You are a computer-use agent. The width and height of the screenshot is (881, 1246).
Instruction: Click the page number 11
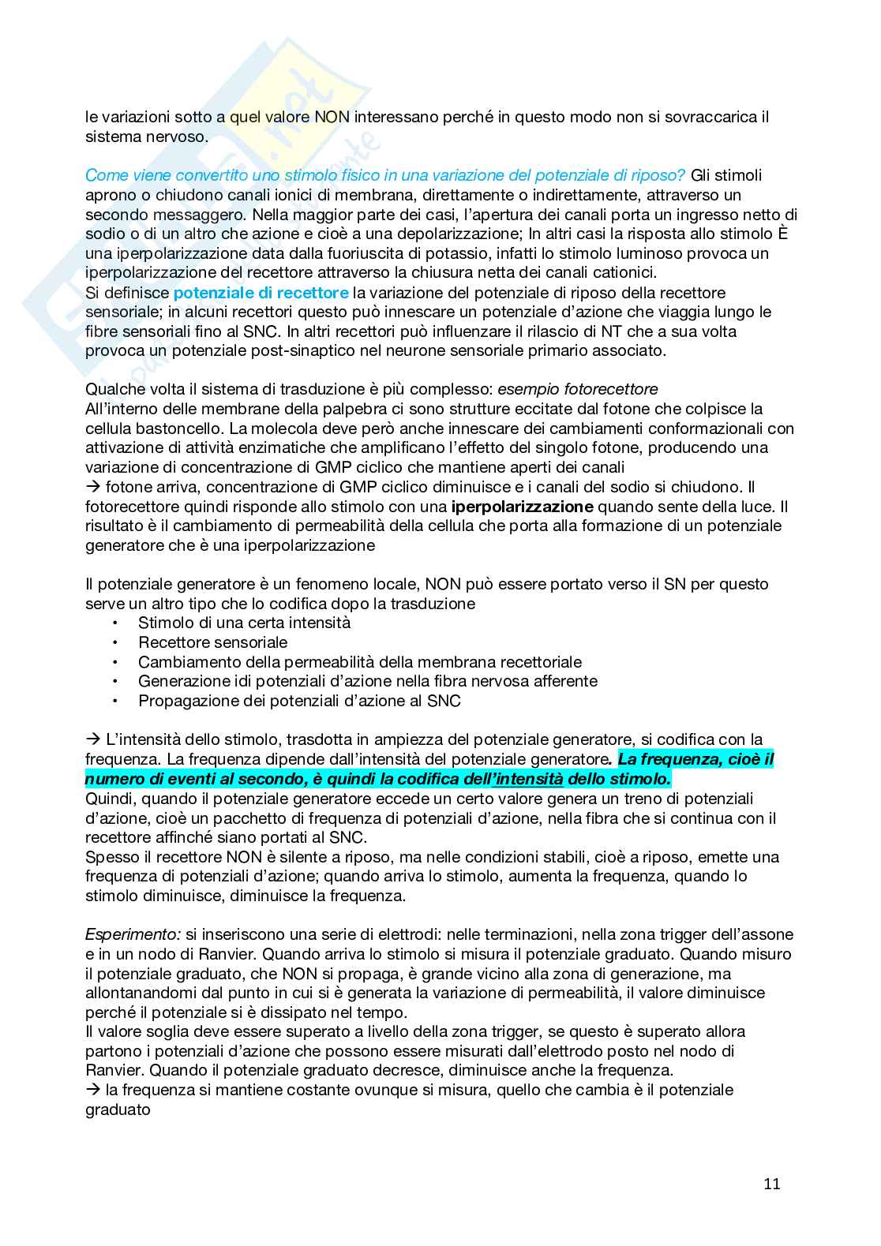click(772, 1184)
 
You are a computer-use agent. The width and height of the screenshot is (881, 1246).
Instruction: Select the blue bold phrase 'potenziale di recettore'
click(261, 293)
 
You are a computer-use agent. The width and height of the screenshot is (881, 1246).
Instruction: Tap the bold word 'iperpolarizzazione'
click(516, 507)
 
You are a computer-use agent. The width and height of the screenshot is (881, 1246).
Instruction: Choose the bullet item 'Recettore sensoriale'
click(212, 642)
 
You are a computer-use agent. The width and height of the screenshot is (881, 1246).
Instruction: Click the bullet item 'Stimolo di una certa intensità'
click(244, 623)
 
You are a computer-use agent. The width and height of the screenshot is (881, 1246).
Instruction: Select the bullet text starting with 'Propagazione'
click(299, 701)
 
